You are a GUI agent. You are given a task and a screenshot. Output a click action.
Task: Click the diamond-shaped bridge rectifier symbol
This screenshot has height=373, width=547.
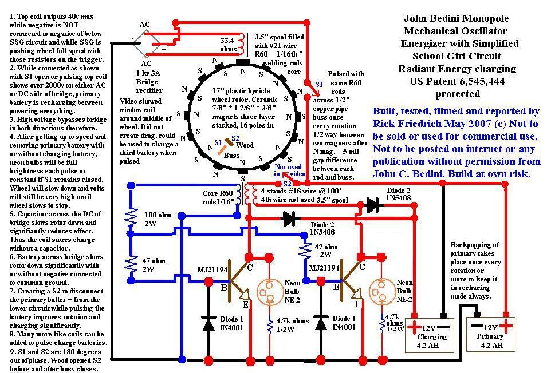tap(147, 43)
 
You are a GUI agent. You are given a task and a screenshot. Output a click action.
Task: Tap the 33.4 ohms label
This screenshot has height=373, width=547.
tap(227, 45)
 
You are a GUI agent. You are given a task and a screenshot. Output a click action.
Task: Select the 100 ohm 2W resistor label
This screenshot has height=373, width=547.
tap(158, 219)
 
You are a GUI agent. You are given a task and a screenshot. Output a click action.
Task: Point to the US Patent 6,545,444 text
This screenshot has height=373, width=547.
tap(457, 81)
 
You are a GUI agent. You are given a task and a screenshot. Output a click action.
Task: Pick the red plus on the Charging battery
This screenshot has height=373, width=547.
tap(414, 327)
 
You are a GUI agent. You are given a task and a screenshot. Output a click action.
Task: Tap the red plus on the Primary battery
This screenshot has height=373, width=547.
tap(506, 326)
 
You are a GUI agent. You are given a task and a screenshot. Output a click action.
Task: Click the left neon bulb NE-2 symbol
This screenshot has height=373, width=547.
tap(269, 292)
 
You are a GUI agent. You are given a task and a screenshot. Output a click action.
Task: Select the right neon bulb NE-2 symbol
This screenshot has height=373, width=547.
tap(381, 292)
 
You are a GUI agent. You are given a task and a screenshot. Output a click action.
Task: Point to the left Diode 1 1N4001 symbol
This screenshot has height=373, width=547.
tap(208, 322)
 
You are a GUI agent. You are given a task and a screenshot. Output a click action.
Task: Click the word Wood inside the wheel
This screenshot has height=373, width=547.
tap(245, 145)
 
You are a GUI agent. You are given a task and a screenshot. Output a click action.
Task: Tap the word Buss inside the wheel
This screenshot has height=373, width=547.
tap(231, 156)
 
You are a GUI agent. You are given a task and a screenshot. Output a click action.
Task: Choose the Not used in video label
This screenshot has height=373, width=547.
tap(289, 170)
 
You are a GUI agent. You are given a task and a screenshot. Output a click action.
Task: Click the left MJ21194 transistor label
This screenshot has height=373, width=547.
tap(212, 269)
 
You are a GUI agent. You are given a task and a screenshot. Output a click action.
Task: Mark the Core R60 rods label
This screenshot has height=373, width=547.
tap(218, 197)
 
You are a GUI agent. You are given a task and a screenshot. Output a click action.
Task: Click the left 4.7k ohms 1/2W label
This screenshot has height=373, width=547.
tap(292, 325)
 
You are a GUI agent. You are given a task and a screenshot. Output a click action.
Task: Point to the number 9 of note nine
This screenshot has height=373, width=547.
tap(11, 351)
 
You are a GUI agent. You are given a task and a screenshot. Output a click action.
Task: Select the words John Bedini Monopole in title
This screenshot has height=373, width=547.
tap(457, 18)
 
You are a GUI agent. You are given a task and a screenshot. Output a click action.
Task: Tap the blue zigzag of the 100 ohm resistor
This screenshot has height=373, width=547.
tap(131, 216)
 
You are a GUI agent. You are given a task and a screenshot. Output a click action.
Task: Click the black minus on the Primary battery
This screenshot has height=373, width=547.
tap(476, 326)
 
